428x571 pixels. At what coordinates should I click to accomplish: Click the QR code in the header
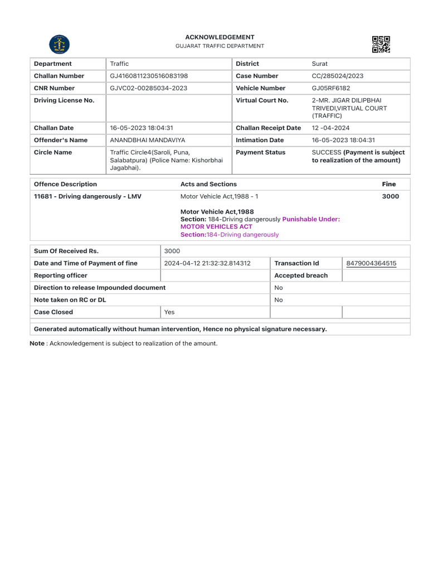381,45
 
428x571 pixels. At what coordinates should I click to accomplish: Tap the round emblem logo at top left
60,45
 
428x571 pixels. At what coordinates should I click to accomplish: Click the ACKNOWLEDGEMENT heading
220,37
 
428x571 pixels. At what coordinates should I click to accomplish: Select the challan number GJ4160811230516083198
149,76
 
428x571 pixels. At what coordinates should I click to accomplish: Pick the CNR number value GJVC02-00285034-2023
148,88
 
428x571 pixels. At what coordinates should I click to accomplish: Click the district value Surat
320,64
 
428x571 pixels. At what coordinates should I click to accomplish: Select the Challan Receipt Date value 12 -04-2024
330,128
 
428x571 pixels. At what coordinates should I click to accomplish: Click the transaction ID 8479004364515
371,263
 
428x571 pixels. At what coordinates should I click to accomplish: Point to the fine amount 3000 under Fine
390,196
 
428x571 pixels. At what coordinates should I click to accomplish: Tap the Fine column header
389,184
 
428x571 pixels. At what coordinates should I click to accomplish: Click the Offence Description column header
65,184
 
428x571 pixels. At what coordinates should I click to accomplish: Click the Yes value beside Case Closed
169,312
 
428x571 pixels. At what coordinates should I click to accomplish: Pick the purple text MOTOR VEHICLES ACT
216,227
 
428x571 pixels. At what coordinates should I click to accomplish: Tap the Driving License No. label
64,100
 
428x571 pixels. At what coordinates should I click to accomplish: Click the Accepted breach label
301,275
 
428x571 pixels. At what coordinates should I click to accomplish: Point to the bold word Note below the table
37,343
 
